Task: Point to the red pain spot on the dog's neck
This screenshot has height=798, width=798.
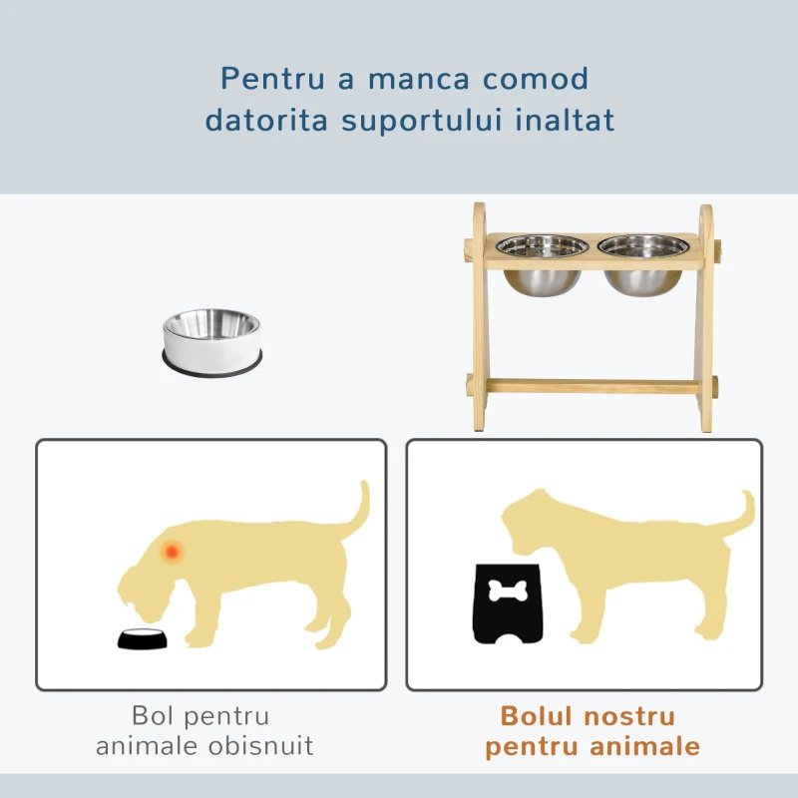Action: point(174,550)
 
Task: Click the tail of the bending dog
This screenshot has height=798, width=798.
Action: point(356,509)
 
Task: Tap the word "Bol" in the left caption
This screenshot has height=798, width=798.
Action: point(151,715)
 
